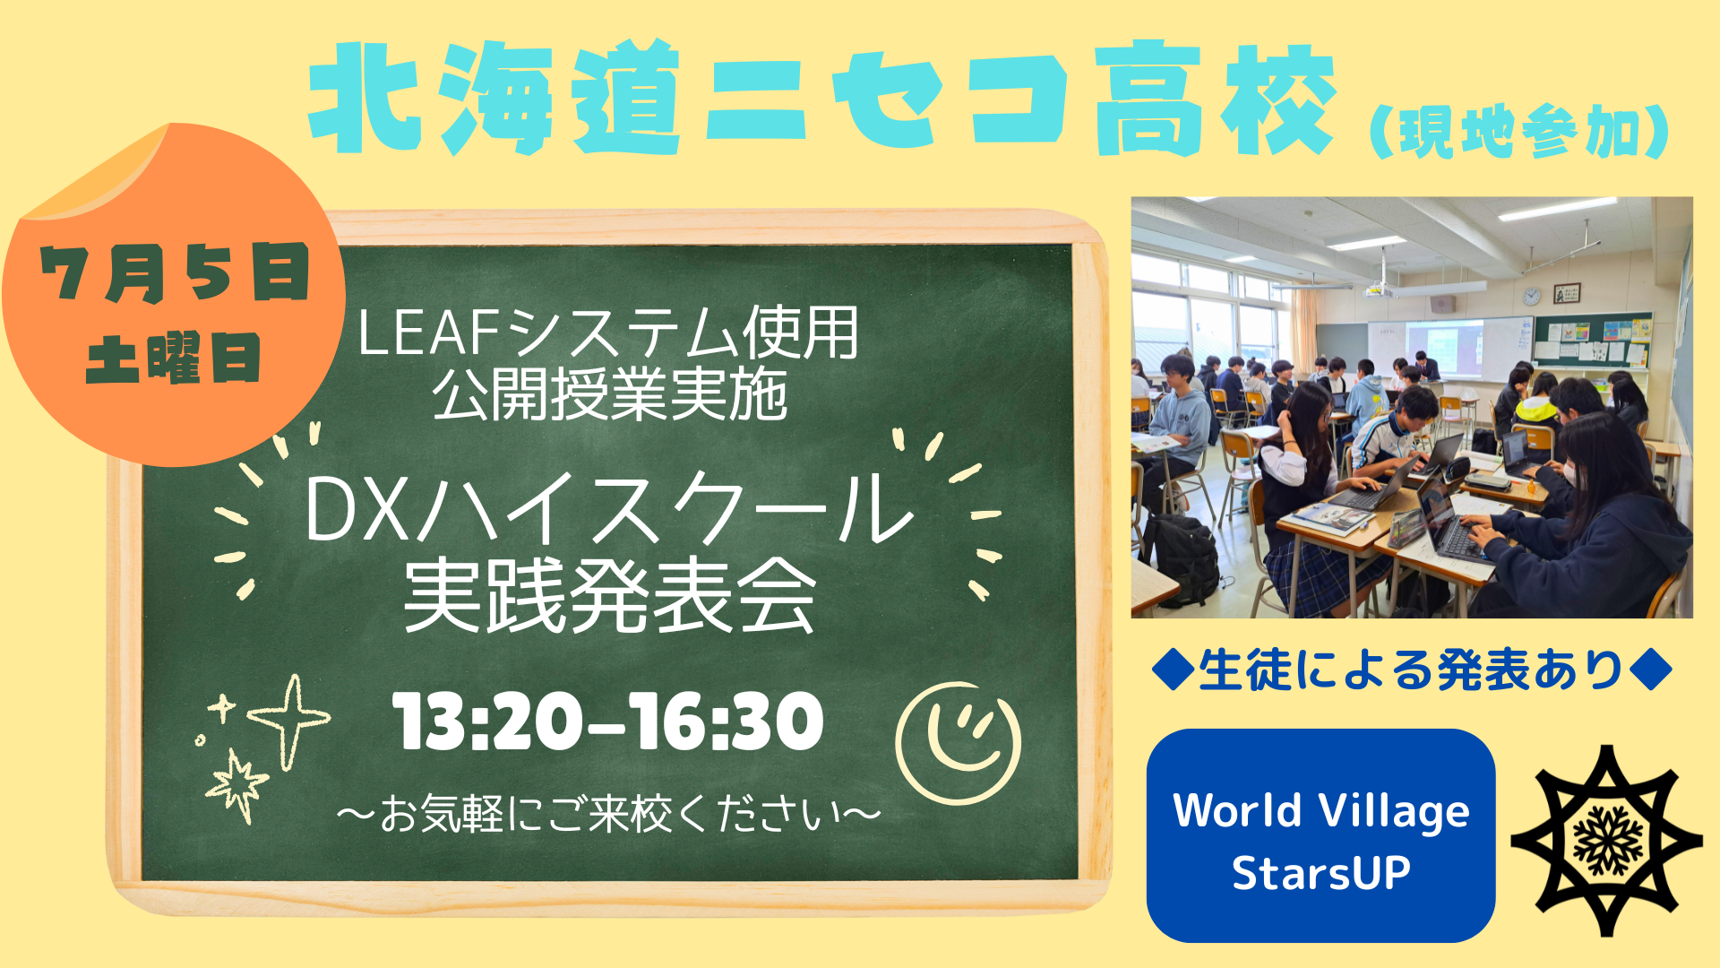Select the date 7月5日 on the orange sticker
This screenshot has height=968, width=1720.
175,273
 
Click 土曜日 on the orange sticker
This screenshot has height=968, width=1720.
174,359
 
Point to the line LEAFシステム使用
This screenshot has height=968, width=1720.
608,333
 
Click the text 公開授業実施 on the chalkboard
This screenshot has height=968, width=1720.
610,394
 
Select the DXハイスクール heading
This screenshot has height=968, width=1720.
609,509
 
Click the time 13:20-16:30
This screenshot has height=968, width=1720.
608,722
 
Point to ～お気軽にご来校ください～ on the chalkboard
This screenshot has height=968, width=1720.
609,815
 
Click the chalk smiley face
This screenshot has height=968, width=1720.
959,743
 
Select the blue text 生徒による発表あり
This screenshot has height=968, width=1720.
1411,670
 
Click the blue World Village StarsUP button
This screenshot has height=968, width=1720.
1320,835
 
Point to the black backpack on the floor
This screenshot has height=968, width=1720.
1182,559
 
